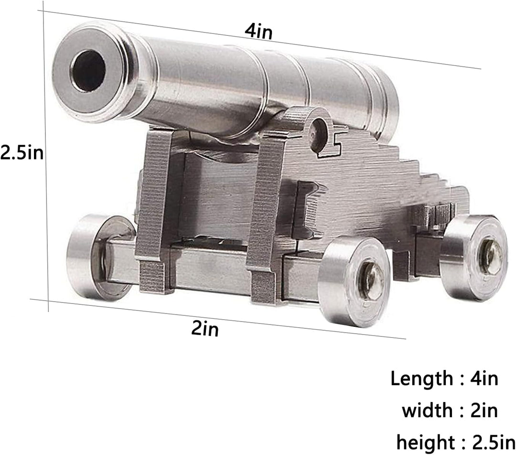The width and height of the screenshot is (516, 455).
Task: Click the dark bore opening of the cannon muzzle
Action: (x=88, y=71)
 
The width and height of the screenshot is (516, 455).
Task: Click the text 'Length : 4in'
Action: (x=444, y=379)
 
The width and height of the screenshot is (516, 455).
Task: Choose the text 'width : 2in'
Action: (x=449, y=410)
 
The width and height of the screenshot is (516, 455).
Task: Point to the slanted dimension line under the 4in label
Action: (x=334, y=45)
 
